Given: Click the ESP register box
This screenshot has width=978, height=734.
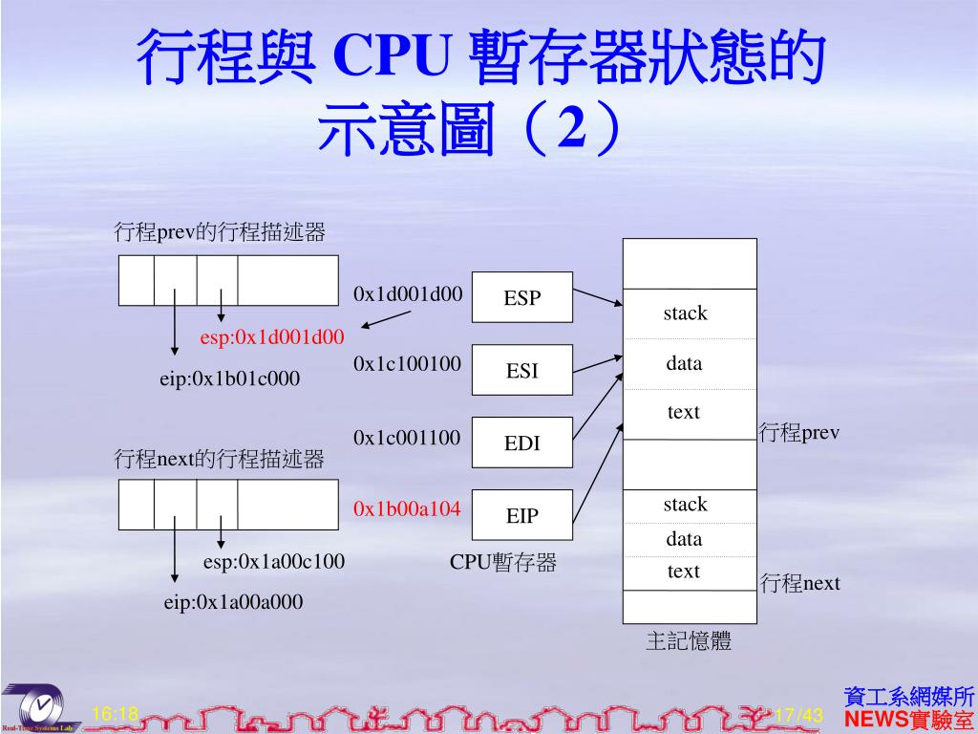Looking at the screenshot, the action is (522, 297).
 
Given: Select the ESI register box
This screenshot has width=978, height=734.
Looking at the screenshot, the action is (522, 370).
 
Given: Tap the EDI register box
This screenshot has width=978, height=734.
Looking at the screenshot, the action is (522, 443).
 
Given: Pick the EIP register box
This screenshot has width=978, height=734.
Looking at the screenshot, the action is (522, 515).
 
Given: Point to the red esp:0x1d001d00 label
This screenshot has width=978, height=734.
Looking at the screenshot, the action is (272, 336).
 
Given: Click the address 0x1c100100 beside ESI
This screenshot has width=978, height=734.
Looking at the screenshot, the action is (407, 363).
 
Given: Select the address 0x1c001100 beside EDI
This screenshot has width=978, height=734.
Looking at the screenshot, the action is (407, 438).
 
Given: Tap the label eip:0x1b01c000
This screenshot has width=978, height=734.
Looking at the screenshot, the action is (229, 379).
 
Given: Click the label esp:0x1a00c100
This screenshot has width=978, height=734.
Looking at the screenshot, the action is (274, 561).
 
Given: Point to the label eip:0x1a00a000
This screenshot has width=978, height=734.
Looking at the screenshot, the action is (233, 602).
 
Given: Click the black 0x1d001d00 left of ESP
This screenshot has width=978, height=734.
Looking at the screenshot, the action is (408, 293).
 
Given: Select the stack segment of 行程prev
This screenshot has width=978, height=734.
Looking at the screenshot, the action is (686, 313).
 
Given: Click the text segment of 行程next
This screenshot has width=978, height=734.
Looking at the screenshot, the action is (684, 572).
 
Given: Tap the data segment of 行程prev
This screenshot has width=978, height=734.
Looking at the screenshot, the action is (684, 363).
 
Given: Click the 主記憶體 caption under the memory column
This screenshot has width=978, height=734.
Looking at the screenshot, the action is (689, 641).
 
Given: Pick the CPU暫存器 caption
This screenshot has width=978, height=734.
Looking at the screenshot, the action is (503, 563).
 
